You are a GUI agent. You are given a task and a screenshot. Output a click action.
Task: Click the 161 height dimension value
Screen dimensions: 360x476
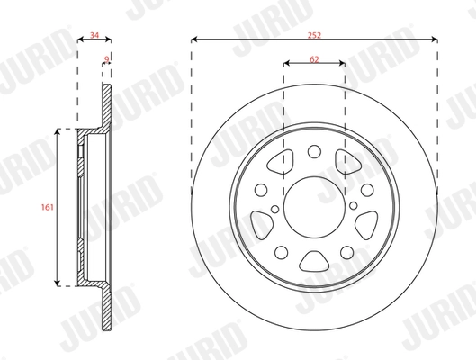(x=48, y=207)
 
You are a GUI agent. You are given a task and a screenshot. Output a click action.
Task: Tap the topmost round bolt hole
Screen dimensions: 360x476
(x=314, y=152)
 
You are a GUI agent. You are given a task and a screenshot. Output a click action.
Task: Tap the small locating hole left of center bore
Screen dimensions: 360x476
(x=260, y=190)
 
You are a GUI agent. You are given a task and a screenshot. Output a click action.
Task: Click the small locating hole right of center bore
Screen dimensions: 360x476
(x=369, y=190)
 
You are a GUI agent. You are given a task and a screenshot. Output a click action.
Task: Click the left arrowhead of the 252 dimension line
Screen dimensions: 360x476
(x=194, y=39)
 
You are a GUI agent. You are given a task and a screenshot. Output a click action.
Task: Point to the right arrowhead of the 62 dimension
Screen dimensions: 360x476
(x=343, y=64)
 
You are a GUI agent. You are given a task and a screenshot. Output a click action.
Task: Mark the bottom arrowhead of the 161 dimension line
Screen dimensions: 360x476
(x=60, y=283)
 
